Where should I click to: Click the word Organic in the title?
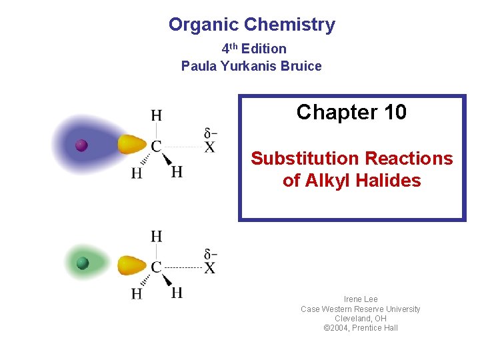203,25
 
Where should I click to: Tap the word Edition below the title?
264,49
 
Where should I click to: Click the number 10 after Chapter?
395,113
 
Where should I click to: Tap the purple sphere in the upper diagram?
81,145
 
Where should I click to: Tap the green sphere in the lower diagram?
83,263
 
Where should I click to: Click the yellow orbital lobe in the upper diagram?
132,144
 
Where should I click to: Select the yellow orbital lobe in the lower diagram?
132,265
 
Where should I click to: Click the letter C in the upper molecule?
156,147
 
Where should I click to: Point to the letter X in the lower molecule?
209,268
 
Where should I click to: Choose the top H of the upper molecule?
156,115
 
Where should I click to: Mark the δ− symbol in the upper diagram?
211,131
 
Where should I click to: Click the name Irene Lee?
361,299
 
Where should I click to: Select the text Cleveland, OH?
361,319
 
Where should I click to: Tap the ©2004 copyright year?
337,328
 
